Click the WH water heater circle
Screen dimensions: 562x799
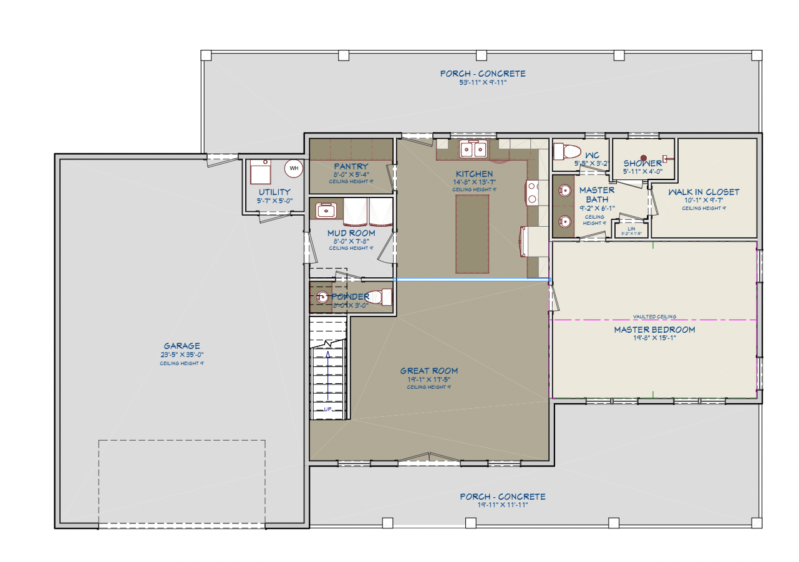[294, 168]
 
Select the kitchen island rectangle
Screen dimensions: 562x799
[472, 234]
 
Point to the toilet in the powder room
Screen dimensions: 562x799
[382, 297]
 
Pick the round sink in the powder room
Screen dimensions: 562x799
[322, 297]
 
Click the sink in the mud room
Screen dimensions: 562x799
[326, 211]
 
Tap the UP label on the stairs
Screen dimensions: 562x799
[327, 409]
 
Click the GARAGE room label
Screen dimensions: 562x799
[182, 346]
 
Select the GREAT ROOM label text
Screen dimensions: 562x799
[429, 371]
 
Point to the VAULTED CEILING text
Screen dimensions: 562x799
[654, 317]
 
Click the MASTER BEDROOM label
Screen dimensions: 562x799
[654, 330]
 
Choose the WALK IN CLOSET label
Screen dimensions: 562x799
[704, 192]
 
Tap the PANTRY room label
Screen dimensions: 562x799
[351, 166]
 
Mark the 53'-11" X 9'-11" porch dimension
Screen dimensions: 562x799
[483, 82]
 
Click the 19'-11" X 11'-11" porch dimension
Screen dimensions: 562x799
[502, 505]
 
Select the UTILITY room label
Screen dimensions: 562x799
[274, 192]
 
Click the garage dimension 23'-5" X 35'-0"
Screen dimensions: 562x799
[182, 355]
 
